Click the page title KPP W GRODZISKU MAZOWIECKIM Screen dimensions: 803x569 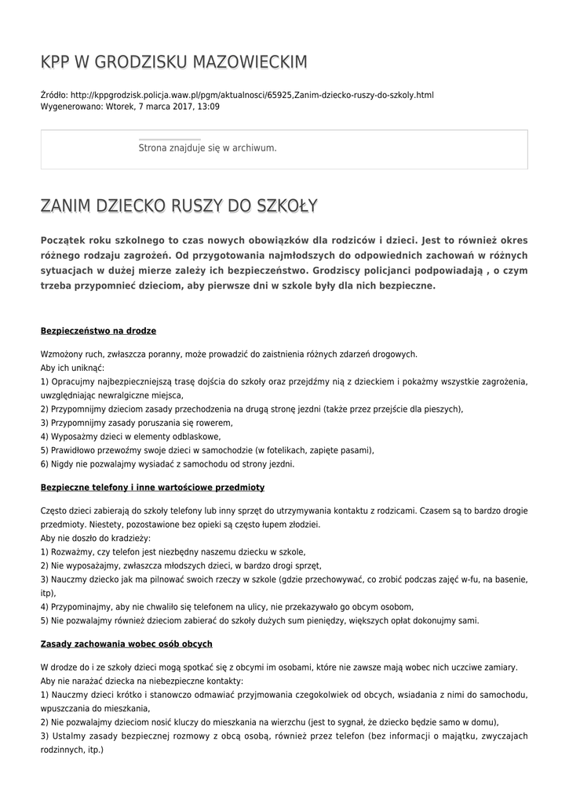pyautogui.click(x=173, y=62)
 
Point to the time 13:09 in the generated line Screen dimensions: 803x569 pyautogui.click(x=208, y=106)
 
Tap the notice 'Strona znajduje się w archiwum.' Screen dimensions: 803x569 pyautogui.click(x=207, y=147)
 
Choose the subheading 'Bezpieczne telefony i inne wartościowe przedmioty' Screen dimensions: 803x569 pyautogui.click(x=152, y=487)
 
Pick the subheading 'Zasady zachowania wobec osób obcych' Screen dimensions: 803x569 pyautogui.click(x=126, y=644)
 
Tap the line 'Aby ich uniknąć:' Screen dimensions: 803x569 pyautogui.click(x=72, y=368)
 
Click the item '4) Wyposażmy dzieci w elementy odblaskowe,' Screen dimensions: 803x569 pyautogui.click(x=130, y=436)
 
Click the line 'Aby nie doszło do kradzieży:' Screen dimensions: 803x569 pyautogui.click(x=95, y=539)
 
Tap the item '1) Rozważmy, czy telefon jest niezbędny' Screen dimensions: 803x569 pyautogui.click(x=173, y=552)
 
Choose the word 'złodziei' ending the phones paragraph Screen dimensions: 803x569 pyautogui.click(x=304, y=525)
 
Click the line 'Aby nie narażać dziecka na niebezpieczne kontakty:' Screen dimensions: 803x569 pyautogui.click(x=141, y=681)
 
